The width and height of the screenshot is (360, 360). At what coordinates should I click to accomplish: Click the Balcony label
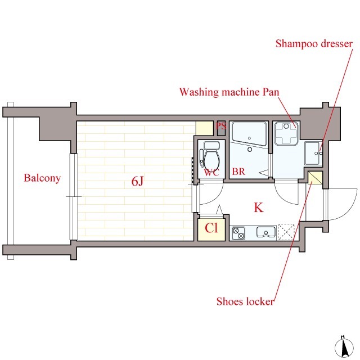click(x=42, y=178)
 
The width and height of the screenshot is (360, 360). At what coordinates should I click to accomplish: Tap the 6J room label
click(x=137, y=181)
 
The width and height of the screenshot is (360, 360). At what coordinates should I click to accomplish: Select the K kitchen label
click(x=259, y=208)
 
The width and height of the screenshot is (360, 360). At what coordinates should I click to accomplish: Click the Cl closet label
click(x=211, y=228)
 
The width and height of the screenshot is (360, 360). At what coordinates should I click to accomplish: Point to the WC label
click(x=211, y=172)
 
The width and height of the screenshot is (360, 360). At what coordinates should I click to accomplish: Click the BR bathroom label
click(x=238, y=172)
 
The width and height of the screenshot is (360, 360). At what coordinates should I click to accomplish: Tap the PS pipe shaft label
click(x=221, y=125)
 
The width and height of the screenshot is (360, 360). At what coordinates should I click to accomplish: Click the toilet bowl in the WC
click(x=211, y=159)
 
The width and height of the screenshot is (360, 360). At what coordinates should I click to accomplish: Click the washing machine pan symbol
click(x=286, y=133)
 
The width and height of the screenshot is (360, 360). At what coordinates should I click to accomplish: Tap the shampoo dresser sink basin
click(x=312, y=153)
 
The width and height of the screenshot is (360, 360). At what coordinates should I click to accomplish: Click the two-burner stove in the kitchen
click(x=238, y=233)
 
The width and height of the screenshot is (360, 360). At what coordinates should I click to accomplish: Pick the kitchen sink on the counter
click(x=266, y=232)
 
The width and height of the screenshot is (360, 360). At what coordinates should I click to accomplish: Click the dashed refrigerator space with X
click(x=286, y=232)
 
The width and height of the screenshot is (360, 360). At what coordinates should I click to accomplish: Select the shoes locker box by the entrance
click(x=315, y=178)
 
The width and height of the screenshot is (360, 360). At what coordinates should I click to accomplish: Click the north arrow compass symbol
click(x=344, y=348)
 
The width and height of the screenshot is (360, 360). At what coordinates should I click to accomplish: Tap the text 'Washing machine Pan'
click(x=229, y=92)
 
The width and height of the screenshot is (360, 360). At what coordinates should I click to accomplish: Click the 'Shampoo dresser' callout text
click(x=314, y=44)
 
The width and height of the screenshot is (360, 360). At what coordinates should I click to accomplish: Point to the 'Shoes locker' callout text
click(x=245, y=301)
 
